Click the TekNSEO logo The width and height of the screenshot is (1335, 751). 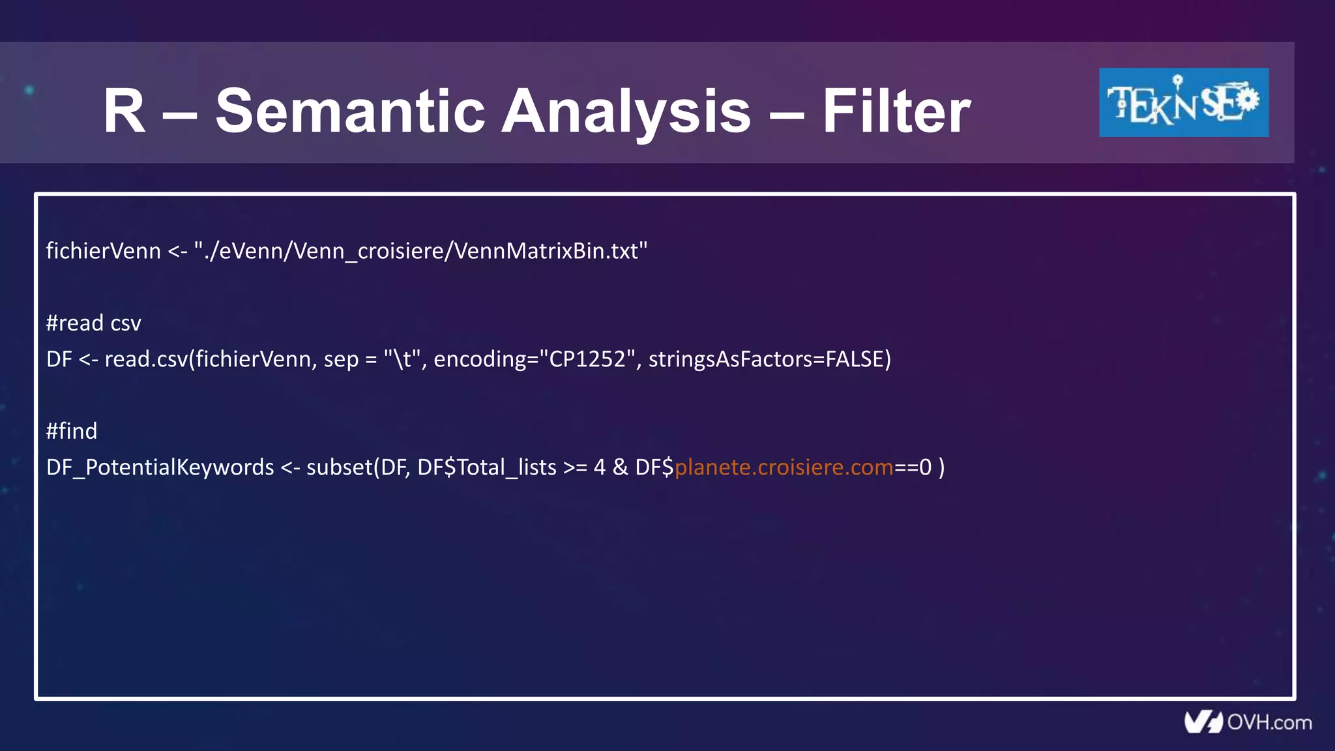coord(1183,102)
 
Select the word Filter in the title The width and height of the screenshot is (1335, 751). coord(896,111)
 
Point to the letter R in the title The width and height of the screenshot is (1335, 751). coord(124,111)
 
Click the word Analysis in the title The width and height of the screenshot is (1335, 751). coord(626,111)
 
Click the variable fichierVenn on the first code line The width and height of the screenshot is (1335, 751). coord(103,251)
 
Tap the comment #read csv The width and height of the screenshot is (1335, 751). coord(93,323)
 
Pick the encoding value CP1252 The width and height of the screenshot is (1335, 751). coord(587,359)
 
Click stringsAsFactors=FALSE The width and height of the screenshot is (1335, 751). coord(769,359)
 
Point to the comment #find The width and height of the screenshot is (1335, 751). coord(72,431)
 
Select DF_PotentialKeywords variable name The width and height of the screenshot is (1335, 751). coord(160,467)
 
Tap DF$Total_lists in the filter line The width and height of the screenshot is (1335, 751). coord(486,467)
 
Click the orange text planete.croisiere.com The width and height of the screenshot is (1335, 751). coord(784,467)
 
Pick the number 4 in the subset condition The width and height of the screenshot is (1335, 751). coord(600,467)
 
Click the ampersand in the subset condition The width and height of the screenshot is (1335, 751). coord(621,467)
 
